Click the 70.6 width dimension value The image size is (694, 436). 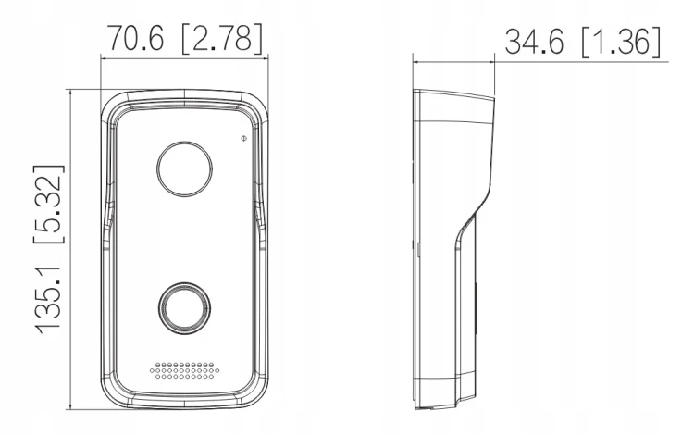point(135,38)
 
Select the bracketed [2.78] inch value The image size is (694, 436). point(222,38)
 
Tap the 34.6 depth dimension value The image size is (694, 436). point(534,42)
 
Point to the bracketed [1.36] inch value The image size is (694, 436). point(621,43)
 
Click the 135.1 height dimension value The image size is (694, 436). point(48,294)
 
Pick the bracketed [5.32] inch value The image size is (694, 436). point(49,204)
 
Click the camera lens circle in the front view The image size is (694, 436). point(184,169)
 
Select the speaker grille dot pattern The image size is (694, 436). point(184,371)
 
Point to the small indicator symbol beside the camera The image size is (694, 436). point(243,139)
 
